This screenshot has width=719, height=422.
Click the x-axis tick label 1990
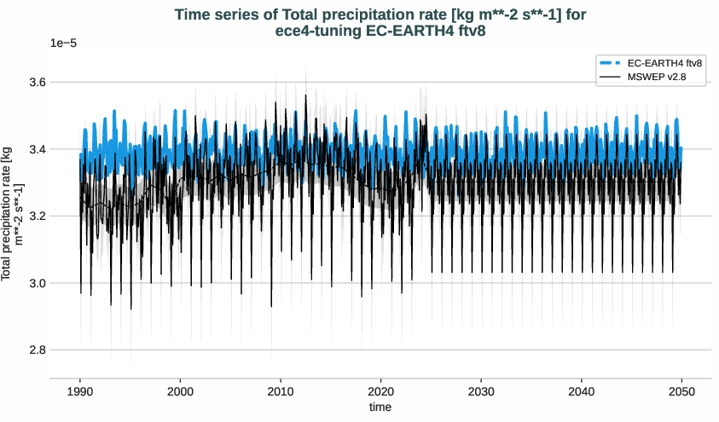tap(80, 391)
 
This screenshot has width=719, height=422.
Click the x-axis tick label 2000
tap(180, 391)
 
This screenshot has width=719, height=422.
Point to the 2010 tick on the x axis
tap(281, 391)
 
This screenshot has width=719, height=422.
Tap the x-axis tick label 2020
tap(381, 391)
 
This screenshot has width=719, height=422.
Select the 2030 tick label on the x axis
tap(481, 391)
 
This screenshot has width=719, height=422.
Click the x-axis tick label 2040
tap(582, 391)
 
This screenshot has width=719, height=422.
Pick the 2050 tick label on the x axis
tap(681, 391)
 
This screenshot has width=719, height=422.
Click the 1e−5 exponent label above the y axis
tap(63, 43)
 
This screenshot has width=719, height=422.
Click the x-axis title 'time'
tap(380, 408)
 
